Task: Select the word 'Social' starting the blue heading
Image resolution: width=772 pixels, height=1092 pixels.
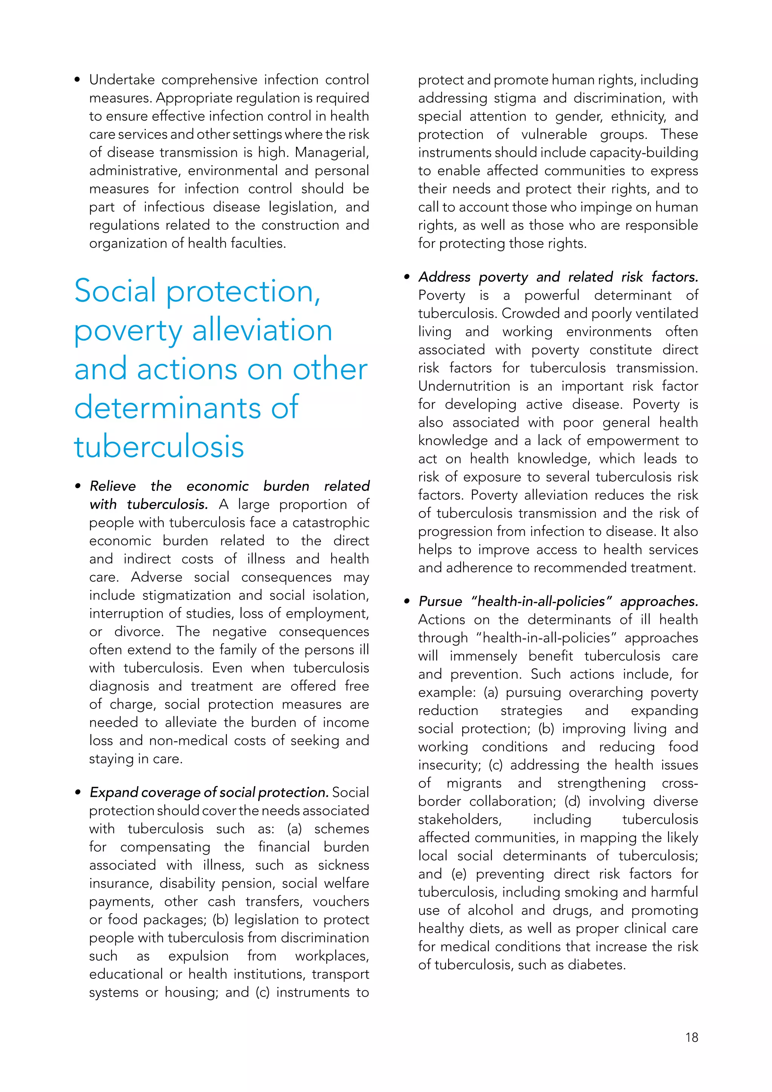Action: [115, 291]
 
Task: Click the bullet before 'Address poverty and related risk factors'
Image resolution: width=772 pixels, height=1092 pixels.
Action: [406, 277]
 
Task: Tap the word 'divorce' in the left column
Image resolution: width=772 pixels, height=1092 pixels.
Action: [138, 632]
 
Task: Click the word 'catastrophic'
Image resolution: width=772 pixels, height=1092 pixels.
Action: [330, 522]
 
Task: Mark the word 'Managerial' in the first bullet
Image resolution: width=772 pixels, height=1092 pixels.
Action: [331, 153]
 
